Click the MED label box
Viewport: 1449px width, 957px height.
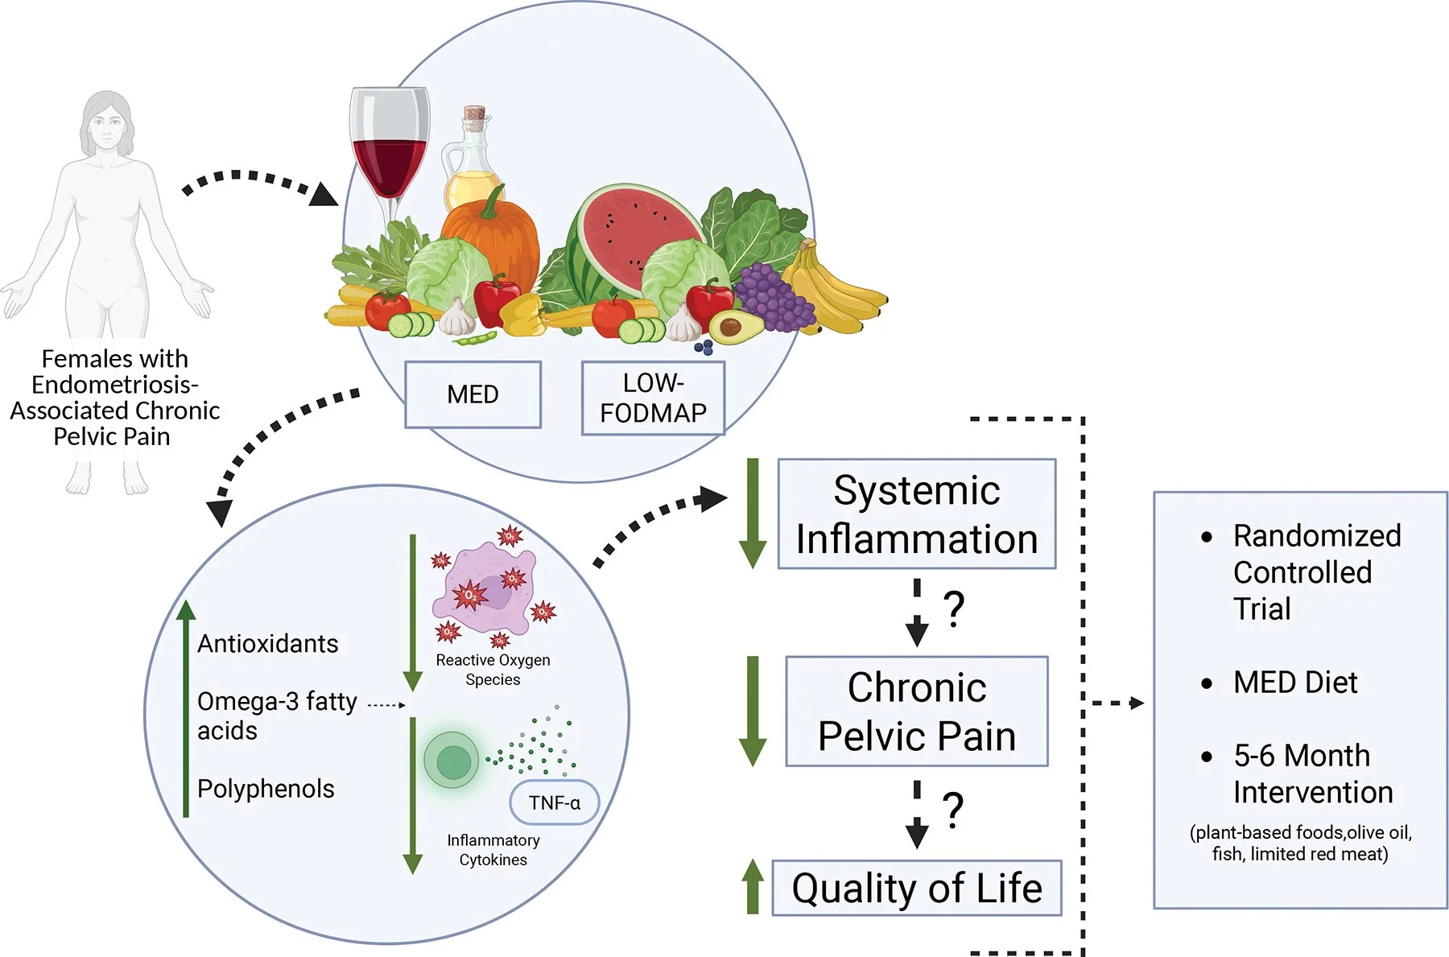473,394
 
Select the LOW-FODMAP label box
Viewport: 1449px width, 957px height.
653,398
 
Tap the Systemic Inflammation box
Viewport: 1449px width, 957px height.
916,514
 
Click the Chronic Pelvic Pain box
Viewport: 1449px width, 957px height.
916,712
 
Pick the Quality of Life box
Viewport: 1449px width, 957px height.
916,889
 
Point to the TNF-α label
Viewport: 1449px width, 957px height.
555,802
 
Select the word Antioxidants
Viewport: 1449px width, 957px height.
267,644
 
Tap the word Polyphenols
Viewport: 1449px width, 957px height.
266,789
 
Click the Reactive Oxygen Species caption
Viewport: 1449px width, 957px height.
493,670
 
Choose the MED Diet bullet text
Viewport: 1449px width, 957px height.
1294,683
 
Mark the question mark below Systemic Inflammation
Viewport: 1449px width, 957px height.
954,609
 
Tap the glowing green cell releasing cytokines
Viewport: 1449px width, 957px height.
452,760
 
